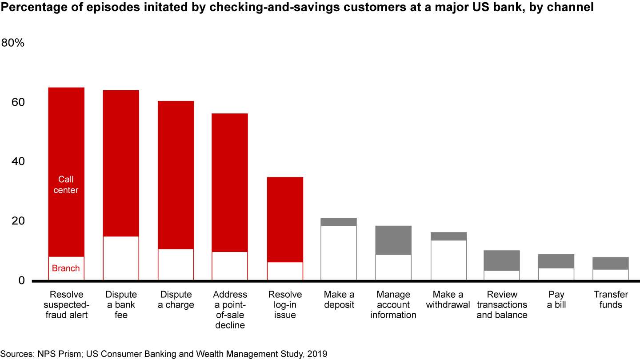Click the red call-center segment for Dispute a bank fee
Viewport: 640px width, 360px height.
coord(121,163)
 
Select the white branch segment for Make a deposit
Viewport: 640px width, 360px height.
coord(339,253)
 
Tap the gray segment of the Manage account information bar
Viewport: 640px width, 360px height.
coord(393,240)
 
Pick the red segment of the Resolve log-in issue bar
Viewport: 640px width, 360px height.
coord(285,220)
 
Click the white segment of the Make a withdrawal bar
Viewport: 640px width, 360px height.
coord(448,260)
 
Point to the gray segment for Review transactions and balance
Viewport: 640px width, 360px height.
coord(502,260)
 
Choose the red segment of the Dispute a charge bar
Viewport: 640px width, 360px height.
coord(176,175)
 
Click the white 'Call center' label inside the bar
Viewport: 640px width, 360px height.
coord(66,185)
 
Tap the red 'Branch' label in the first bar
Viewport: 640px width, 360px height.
coord(66,268)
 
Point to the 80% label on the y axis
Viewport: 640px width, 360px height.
coord(16,43)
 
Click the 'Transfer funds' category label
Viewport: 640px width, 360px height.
coord(611,300)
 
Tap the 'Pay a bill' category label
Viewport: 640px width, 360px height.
coord(556,300)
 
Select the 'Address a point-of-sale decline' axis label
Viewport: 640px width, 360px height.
coord(230,310)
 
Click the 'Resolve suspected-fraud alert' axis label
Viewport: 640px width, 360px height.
coord(66,304)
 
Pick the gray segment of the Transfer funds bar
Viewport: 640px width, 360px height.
coord(611,263)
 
